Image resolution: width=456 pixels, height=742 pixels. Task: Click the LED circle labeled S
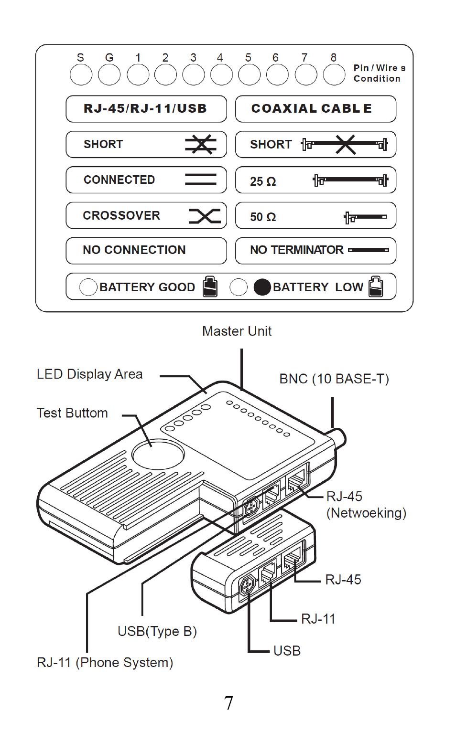81,75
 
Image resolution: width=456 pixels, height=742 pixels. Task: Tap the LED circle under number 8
334,75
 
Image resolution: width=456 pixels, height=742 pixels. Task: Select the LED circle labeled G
109,75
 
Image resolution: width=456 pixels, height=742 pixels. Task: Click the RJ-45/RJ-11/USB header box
146,109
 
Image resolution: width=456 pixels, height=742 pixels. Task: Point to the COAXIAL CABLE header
315,109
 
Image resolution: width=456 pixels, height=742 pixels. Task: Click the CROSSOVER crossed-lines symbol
205,216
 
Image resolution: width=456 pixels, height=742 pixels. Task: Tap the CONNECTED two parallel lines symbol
201,180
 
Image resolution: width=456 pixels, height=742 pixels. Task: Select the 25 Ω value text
263,181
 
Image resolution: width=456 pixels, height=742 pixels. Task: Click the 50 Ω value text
263,217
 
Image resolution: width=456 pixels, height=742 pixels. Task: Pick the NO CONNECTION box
146,250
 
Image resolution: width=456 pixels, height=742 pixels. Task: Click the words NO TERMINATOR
296,250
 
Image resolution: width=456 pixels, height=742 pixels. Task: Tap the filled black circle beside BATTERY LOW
262,287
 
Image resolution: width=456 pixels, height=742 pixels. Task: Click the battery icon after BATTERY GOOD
210,286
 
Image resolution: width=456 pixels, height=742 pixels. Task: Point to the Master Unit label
237,331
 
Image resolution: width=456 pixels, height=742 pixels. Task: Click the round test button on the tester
158,454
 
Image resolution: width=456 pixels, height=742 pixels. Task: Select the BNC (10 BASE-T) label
334,379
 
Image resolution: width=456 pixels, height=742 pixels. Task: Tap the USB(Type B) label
157,631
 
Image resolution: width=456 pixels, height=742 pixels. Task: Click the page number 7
228,703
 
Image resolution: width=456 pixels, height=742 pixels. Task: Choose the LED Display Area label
89,374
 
